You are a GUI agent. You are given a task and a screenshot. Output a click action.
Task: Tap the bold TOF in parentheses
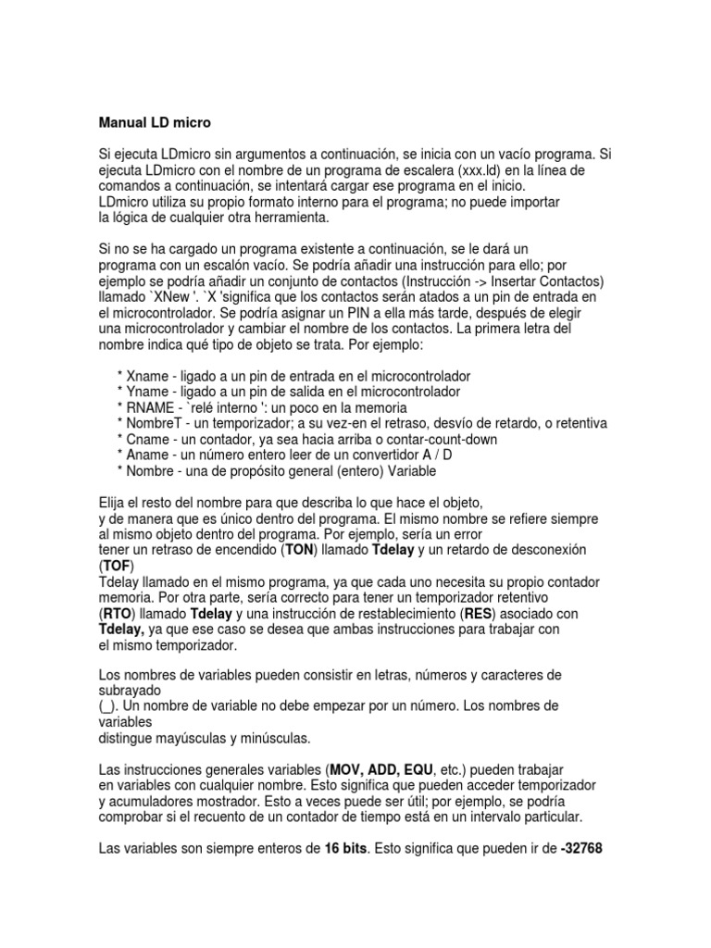coord(114,565)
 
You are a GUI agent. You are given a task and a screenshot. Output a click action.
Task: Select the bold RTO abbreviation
coord(116,613)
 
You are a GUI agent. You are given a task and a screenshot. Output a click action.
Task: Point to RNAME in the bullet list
coord(150,407)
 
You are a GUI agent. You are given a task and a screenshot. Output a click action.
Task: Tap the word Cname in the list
coord(146,439)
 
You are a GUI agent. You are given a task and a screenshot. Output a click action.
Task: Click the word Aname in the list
coord(146,455)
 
